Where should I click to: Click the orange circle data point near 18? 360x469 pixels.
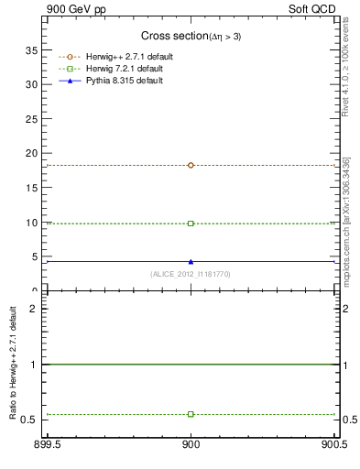[191, 165]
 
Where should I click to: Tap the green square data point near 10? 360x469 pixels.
[191, 223]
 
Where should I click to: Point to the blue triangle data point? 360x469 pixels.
[191, 261]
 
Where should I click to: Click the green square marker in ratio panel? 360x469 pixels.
[191, 414]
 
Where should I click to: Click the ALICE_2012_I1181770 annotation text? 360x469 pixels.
[191, 274]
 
